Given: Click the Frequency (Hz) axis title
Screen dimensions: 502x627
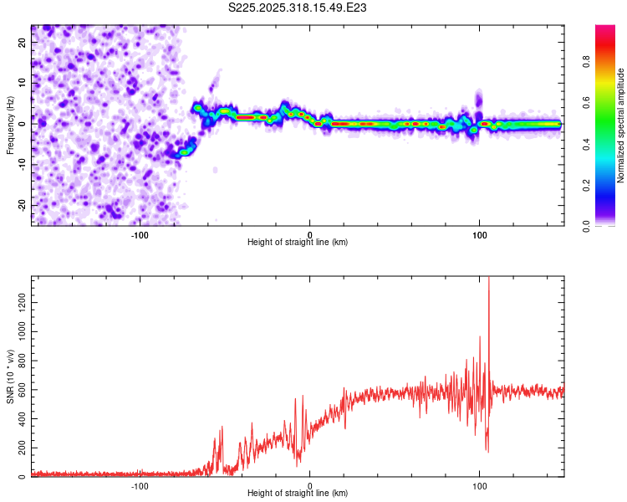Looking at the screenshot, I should point(10,125).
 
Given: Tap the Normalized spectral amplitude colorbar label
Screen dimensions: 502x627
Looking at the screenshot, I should point(621,125).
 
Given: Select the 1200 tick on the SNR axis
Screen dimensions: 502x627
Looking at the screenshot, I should point(16,297).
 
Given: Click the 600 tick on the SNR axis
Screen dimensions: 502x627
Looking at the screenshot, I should point(18,387).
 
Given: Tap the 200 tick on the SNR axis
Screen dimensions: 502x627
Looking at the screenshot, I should point(18,448).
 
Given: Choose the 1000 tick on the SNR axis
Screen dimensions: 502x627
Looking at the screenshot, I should point(16,327).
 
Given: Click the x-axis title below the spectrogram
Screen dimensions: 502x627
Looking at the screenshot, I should point(298,243).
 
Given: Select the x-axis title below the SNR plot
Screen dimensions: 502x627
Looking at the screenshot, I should point(298,494).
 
